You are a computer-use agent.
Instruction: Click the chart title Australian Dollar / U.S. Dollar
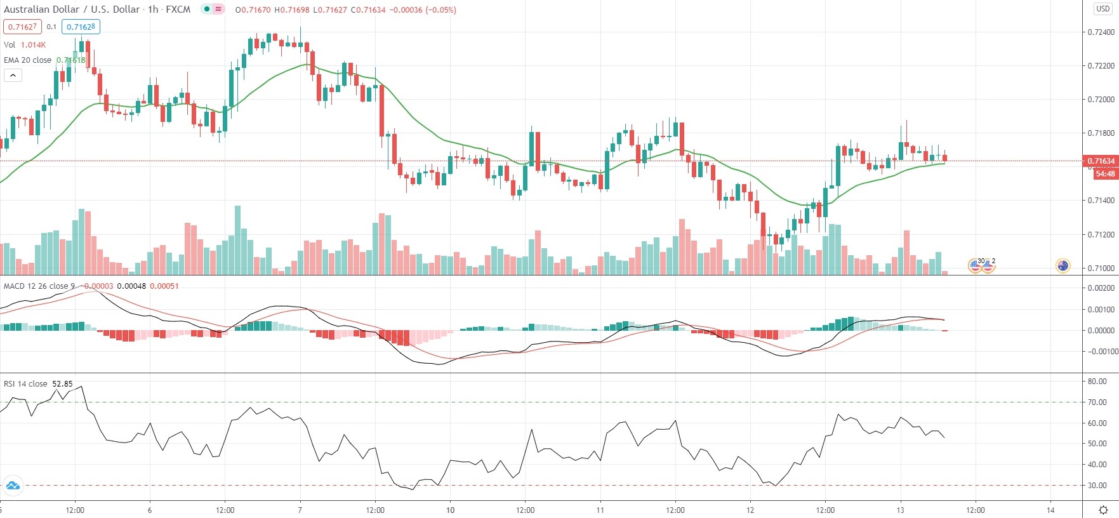pos(72,10)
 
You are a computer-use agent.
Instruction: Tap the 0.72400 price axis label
pos(1101,32)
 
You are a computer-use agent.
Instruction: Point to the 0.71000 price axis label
pos(1101,268)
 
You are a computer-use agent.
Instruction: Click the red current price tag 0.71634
pos(1101,161)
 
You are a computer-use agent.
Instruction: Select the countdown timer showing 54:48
pos(1104,174)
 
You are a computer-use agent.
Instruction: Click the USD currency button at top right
pos(1103,9)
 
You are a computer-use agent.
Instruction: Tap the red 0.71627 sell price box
pos(22,27)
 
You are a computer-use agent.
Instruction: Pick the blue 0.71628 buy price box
pos(81,27)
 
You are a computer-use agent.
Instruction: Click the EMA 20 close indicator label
pos(28,60)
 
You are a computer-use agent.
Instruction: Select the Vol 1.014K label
pos(25,45)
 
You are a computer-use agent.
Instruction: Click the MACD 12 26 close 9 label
pos(39,286)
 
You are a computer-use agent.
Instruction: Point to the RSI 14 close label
pos(25,384)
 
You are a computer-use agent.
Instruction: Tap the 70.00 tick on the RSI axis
pos(1097,402)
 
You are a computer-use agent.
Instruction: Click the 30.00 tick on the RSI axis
pos(1097,486)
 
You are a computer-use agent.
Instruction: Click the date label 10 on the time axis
pos(450,510)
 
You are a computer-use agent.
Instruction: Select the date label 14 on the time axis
pos(1050,510)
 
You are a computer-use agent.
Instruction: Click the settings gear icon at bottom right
pos(1103,510)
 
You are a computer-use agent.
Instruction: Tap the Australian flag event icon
pos(1063,266)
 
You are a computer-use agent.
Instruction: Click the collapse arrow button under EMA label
pos(13,76)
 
